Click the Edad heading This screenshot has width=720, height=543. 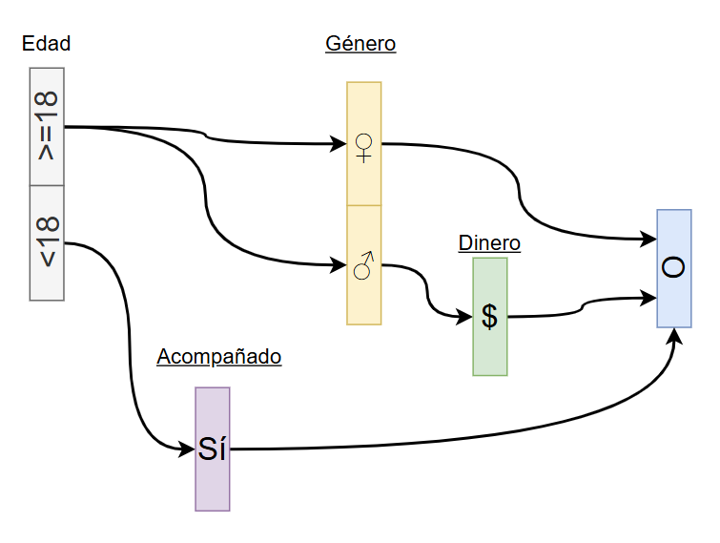coord(46,43)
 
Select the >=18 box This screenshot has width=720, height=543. coord(47,126)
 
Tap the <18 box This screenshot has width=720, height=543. coord(47,242)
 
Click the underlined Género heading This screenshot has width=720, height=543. coord(360,43)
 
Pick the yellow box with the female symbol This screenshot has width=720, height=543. coord(363,143)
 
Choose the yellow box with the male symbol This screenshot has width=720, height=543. coord(363,265)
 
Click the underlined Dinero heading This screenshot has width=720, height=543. coord(489,242)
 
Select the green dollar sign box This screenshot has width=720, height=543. coord(489,316)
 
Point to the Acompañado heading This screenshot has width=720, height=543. coord(219,357)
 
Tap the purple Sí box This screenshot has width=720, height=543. coord(213,449)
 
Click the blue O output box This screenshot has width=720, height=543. coord(673,268)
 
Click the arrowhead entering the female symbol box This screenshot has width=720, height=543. coord(339,144)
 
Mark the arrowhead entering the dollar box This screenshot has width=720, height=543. coord(465,316)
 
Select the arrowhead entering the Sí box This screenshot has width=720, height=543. coord(188,449)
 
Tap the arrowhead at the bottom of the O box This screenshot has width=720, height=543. coord(675,336)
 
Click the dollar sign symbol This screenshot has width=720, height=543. coord(489,316)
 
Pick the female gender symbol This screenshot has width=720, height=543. coord(363,146)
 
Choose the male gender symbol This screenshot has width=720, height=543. coord(363,265)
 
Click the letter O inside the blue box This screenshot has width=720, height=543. coord(673,268)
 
